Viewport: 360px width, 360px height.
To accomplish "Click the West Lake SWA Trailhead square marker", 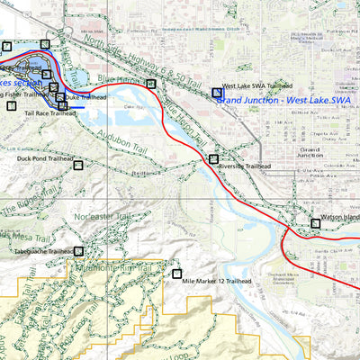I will click(217, 93).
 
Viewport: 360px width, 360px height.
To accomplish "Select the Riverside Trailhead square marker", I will click(213, 159).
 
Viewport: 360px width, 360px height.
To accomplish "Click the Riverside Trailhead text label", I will click(244, 166).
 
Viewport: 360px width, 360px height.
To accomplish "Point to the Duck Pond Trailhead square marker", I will click(78, 166).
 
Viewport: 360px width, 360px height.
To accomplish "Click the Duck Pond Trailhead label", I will click(45, 158).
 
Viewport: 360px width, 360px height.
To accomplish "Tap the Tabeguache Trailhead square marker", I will click(78, 251).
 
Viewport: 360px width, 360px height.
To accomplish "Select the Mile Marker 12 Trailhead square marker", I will click(177, 273).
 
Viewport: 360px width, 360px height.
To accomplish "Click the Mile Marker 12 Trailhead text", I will click(216, 281).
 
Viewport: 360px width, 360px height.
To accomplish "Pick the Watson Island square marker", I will click(315, 223).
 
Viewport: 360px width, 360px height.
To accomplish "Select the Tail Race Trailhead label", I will click(49, 114).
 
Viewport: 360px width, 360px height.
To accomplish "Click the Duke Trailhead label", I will click(86, 97).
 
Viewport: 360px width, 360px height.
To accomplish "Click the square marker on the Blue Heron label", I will click(151, 84).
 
